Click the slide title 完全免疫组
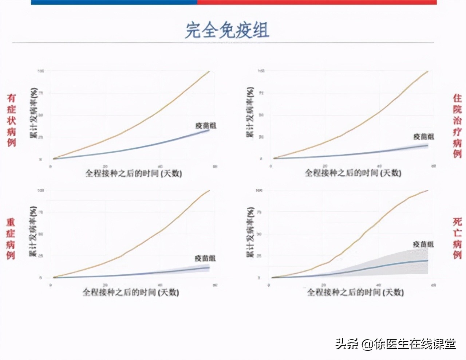(x=227, y=30)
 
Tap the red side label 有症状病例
(x=12, y=120)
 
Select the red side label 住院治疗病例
(x=457, y=125)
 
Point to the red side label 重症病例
(x=11, y=239)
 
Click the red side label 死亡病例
(x=457, y=238)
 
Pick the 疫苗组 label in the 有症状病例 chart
(x=206, y=126)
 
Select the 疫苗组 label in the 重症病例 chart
(x=205, y=258)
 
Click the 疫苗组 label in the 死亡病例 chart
(x=423, y=244)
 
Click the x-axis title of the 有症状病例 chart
(x=134, y=173)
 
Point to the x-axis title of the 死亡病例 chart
(x=355, y=292)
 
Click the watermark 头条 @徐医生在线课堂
(x=395, y=344)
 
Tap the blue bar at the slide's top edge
(x=114, y=2)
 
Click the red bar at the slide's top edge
(x=317, y=2)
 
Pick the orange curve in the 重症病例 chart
(x=160, y=230)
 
